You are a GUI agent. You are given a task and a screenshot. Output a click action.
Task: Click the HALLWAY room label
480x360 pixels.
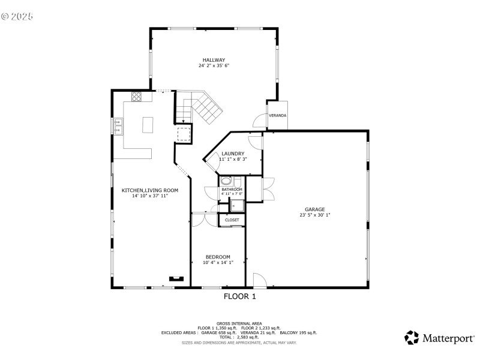click(214, 60)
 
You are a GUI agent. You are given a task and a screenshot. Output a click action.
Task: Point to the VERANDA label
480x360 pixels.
click(277, 115)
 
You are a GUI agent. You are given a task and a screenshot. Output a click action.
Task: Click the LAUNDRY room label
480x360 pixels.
click(232, 154)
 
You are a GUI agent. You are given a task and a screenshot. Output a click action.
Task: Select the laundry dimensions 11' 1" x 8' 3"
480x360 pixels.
click(232, 160)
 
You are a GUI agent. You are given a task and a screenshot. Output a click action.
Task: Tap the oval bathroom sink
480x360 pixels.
click(226, 181)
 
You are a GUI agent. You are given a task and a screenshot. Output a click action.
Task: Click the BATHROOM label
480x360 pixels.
click(232, 190)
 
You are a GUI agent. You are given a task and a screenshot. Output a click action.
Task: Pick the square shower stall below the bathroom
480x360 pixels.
click(236, 206)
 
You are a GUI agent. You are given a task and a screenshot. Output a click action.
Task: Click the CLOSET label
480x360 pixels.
click(232, 220)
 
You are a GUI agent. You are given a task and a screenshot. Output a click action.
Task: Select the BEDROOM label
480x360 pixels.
click(218, 257)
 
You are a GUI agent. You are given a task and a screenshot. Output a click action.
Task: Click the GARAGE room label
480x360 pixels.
click(314, 209)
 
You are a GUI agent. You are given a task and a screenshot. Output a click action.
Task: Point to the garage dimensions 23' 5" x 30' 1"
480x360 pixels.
click(314, 215)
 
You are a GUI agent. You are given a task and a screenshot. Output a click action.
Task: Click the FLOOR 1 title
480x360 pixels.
click(240, 296)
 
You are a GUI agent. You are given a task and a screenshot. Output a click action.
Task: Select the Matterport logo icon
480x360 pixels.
click(412, 338)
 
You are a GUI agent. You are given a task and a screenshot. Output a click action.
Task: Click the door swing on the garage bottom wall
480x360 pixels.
click(259, 280)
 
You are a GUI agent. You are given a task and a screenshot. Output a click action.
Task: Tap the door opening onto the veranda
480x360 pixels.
click(259, 121)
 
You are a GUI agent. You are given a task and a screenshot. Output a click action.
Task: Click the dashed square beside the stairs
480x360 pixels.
click(184, 133)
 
